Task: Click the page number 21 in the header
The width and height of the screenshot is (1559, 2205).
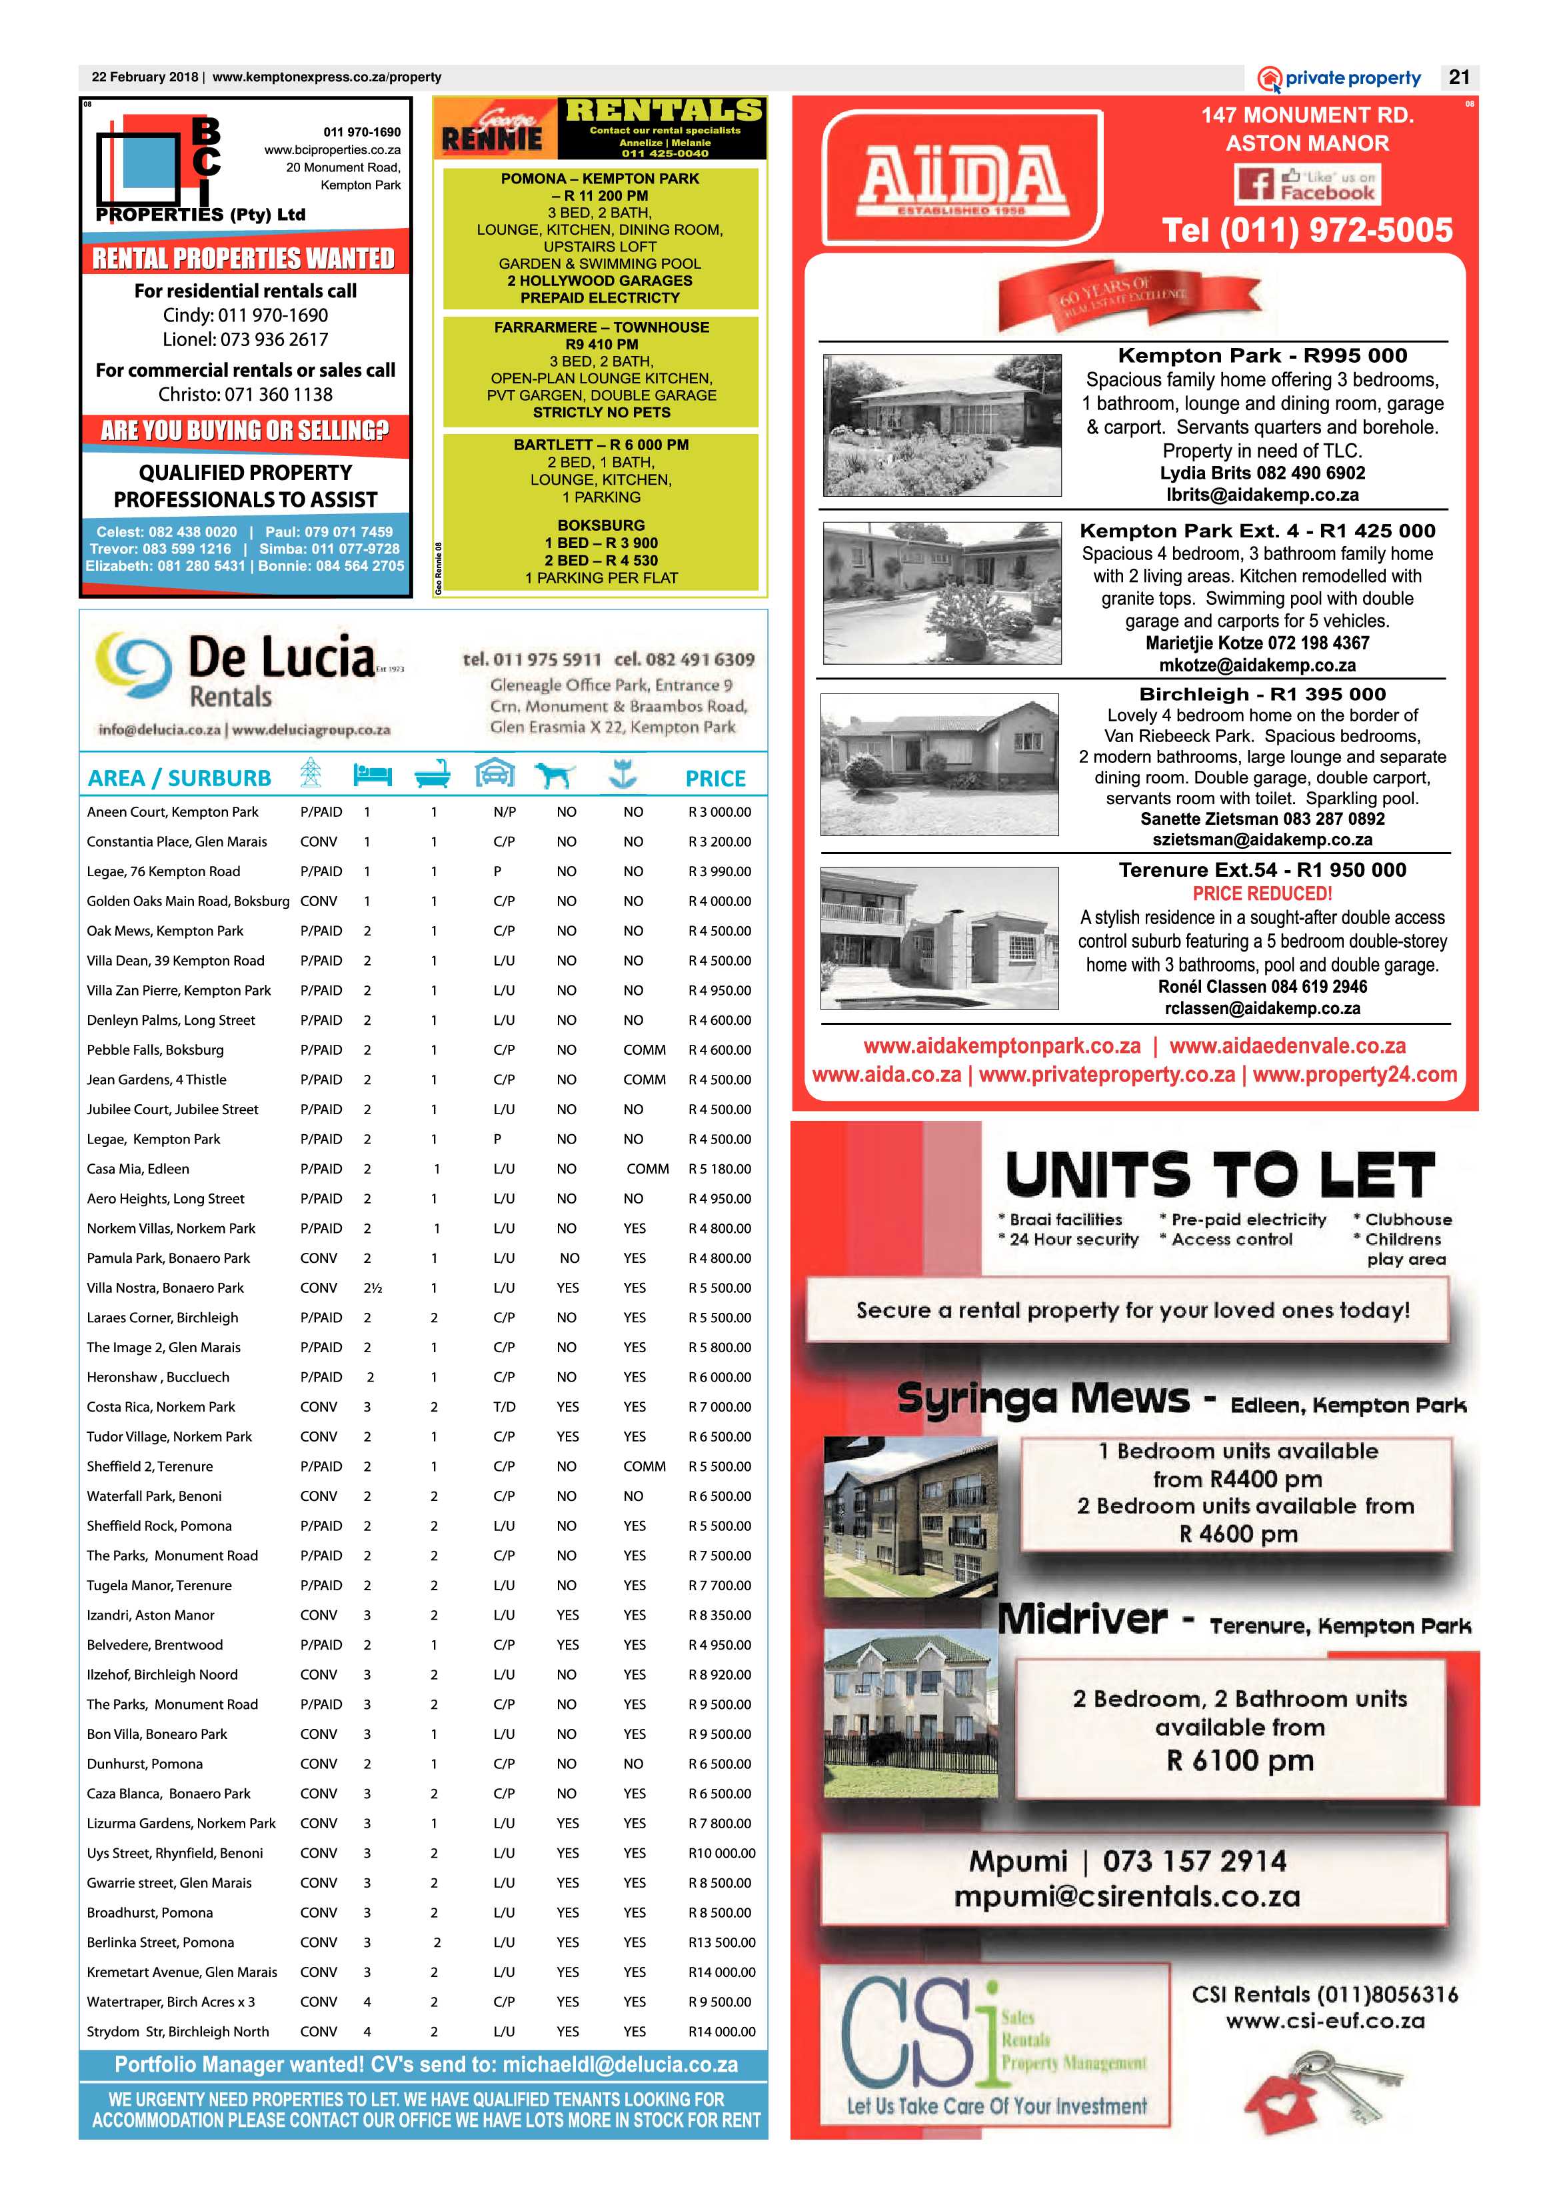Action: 1459,78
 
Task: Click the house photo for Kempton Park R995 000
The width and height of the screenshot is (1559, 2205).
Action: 942,425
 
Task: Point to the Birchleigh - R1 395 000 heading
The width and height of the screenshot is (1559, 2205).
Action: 1262,693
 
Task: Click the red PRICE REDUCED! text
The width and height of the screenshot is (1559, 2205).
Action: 1262,893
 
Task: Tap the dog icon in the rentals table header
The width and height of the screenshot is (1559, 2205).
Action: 554,775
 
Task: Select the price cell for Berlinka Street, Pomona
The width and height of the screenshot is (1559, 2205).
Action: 721,1942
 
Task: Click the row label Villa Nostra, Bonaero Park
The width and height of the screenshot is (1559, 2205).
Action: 165,1288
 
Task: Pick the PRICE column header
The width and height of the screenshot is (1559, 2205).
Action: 715,778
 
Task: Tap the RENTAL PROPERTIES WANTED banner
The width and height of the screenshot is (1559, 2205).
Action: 244,258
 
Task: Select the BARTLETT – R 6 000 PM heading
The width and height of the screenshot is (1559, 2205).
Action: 601,445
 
